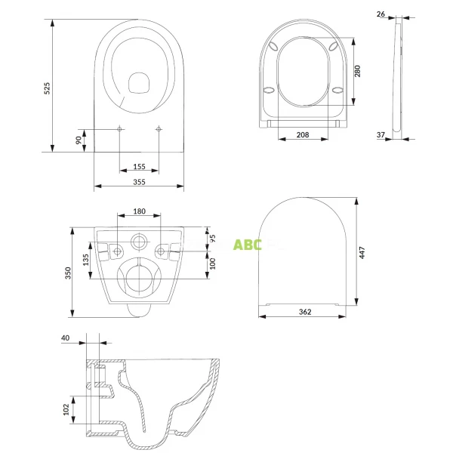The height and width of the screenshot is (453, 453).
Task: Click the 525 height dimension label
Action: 47,88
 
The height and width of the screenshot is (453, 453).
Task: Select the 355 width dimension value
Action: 139,182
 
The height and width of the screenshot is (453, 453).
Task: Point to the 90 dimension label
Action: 78,140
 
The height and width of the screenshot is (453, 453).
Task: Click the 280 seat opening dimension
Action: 358,71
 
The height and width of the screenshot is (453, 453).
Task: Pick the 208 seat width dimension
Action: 302,134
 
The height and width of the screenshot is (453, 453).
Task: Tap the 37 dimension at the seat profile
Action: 381,135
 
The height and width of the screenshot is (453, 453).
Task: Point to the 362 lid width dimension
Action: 306,310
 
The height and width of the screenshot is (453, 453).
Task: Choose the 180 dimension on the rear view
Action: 140,211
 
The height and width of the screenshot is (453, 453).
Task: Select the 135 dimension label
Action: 86,260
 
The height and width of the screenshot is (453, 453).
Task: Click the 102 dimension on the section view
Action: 66,408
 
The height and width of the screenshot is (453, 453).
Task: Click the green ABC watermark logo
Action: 247,245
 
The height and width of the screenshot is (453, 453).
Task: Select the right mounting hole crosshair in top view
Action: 159,130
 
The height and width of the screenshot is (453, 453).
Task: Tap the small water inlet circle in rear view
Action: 140,242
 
